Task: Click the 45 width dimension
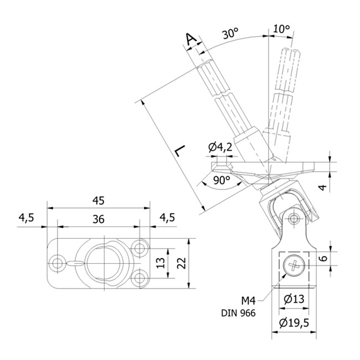pos(99,200)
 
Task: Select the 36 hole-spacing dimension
pos(99,219)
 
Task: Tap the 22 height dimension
pos(181,263)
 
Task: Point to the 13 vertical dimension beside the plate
pos(161,263)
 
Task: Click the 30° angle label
pos(230,33)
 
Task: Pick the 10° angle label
pos(282,29)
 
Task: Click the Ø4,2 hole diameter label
pos(220,147)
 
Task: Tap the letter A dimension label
pos(191,39)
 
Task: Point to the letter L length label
pos(180,151)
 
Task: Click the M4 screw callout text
pos(249,300)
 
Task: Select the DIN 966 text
pos(238,313)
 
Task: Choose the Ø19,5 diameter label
pos(294,323)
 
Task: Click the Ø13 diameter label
pos(294,299)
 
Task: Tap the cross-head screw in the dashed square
pos(294,266)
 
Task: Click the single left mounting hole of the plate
pos(56,263)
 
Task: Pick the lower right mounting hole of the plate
pos(139,278)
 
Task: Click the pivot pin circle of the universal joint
pos(294,218)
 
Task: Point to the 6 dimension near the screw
pos(323,258)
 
